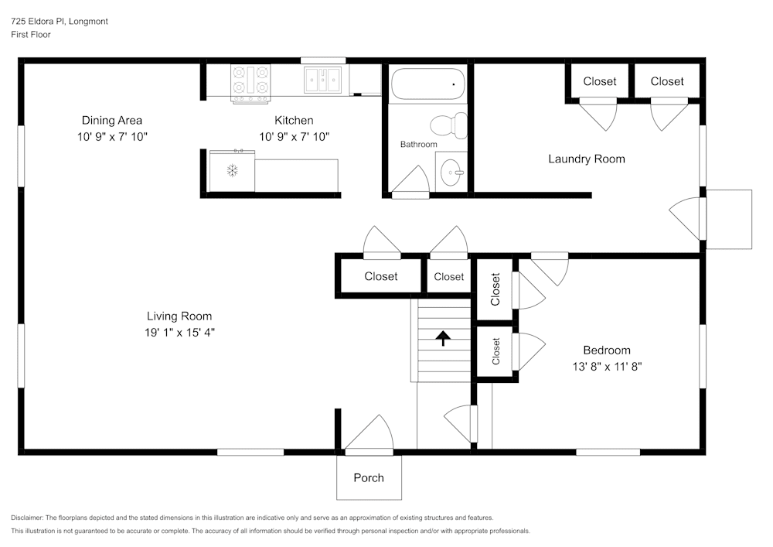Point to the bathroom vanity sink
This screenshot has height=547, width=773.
point(452,170)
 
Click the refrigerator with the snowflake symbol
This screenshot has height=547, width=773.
point(232,170)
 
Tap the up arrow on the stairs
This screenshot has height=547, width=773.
point(443,338)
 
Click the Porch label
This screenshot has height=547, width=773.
point(369,477)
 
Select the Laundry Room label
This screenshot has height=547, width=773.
point(586,159)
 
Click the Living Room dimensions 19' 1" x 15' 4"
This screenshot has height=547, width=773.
point(179,332)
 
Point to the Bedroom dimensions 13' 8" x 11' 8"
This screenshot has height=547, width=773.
point(606,366)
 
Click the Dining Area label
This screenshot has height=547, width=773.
point(112,120)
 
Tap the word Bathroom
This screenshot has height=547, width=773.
point(418,145)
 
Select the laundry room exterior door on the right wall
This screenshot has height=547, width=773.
point(687,217)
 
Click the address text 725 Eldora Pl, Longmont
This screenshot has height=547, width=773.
point(60,22)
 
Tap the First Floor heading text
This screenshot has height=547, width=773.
point(31,35)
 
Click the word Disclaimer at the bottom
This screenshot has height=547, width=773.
point(27,518)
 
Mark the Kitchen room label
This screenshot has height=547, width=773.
point(294,120)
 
